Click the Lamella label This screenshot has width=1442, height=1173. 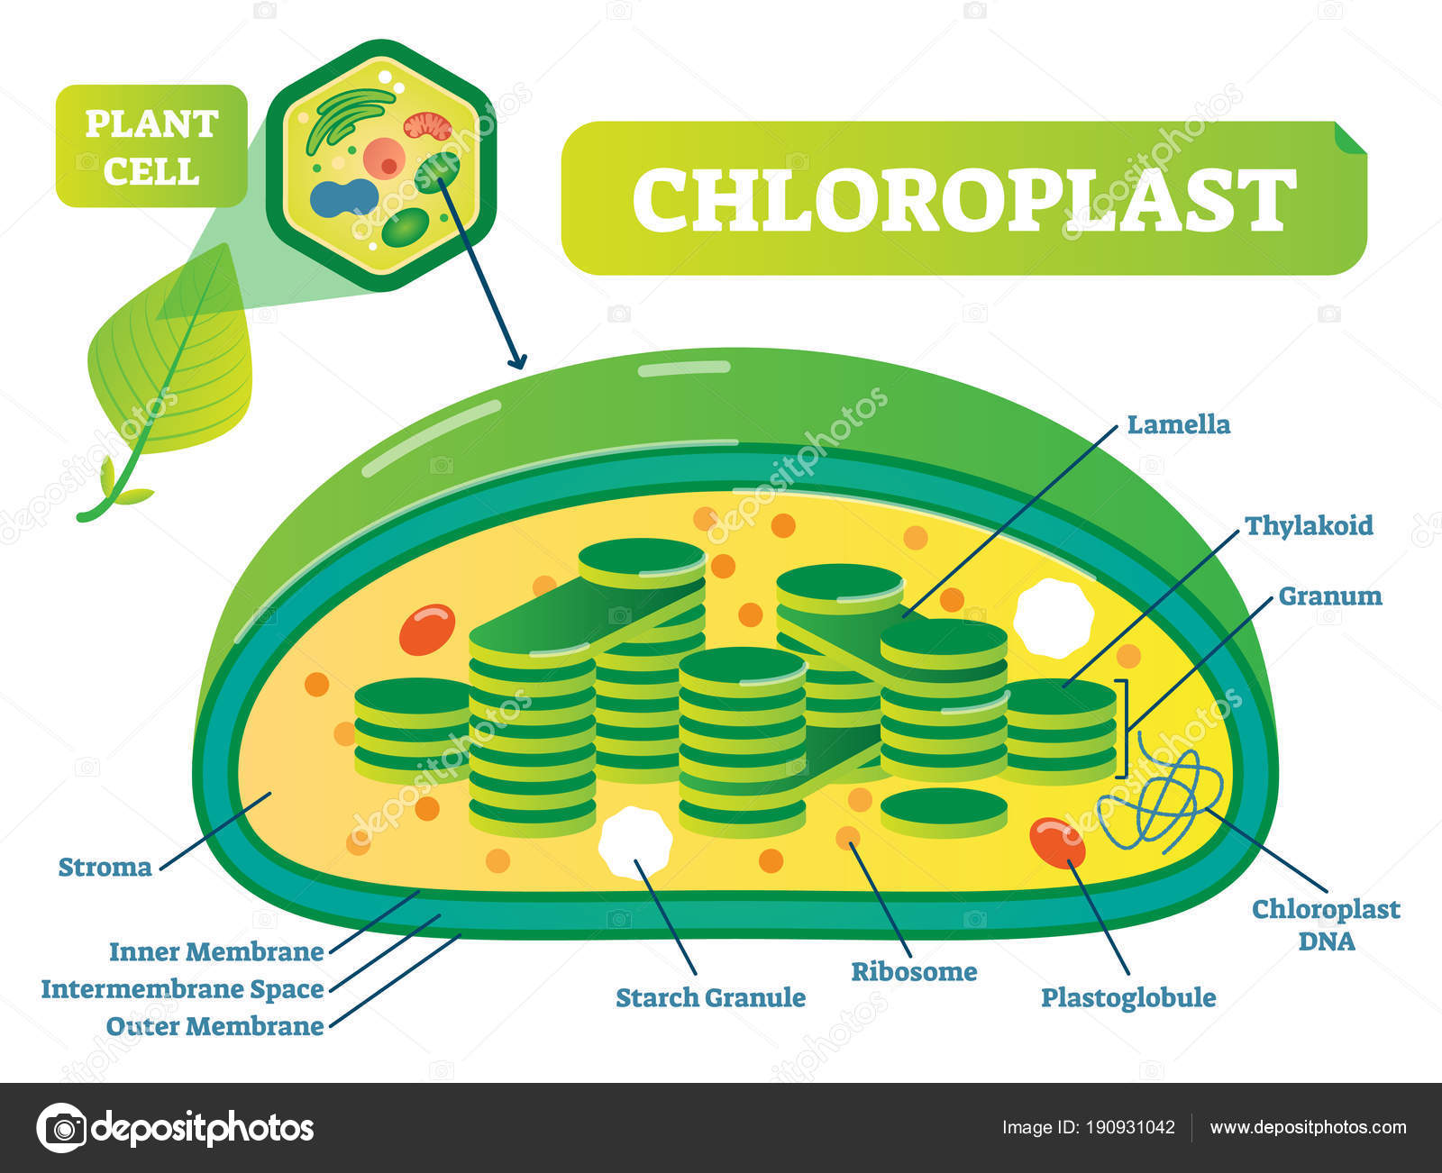click(x=1178, y=424)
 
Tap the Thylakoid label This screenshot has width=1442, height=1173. click(x=1309, y=525)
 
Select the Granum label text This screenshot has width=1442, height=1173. click(x=1329, y=596)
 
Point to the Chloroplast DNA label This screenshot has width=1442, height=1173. click(x=1326, y=924)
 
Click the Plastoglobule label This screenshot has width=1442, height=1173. click(x=1128, y=997)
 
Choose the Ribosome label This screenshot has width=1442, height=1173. click(x=914, y=971)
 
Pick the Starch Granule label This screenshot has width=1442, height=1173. click(x=710, y=997)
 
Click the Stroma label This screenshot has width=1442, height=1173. click(x=105, y=868)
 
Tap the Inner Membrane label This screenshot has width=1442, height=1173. click(x=216, y=951)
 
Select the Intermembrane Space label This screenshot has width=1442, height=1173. click(x=182, y=989)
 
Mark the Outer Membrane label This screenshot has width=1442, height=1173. click(x=214, y=1026)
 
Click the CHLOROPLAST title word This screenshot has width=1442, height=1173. click(x=963, y=199)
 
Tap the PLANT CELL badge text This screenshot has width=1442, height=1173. click(x=151, y=147)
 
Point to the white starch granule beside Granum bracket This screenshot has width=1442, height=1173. click(x=1052, y=617)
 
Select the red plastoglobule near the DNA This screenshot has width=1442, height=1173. click(x=1057, y=841)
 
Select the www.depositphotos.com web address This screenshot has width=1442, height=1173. click(x=1308, y=1127)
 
